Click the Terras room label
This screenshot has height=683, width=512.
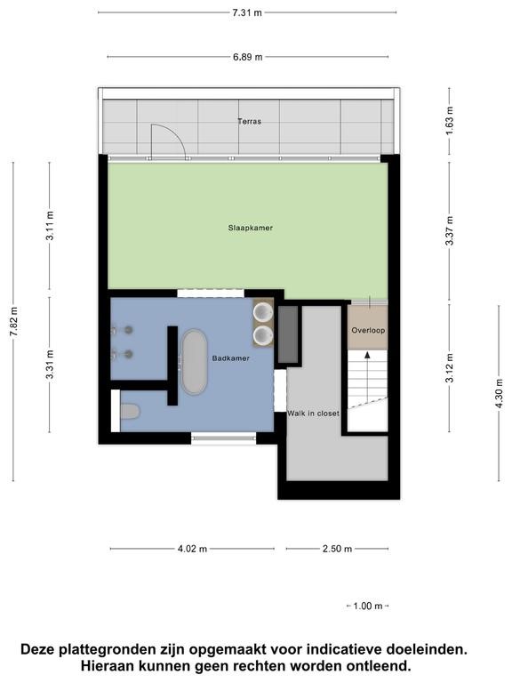click(x=250, y=121)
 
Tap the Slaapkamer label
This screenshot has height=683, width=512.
click(x=251, y=228)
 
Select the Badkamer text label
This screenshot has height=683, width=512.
click(x=231, y=358)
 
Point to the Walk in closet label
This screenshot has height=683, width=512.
click(x=313, y=413)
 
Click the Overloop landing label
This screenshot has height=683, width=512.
click(x=368, y=330)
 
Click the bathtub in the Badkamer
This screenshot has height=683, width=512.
click(x=194, y=362)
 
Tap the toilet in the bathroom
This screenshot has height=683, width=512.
click(x=129, y=411)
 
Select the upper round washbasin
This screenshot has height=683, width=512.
click(x=263, y=312)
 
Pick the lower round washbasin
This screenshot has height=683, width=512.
click(x=263, y=335)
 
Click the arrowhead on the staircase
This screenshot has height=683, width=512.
click(x=367, y=355)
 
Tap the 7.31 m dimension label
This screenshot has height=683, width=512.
click(x=247, y=12)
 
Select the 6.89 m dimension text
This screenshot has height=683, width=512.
click(x=248, y=57)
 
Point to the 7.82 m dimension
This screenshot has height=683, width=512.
click(x=14, y=321)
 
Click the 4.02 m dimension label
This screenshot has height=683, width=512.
click(x=192, y=549)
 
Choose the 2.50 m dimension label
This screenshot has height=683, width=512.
click(x=337, y=549)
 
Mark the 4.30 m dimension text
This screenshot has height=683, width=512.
click(x=499, y=393)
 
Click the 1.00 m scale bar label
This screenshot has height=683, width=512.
click(x=367, y=606)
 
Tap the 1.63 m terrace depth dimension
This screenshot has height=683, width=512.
click(x=449, y=120)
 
